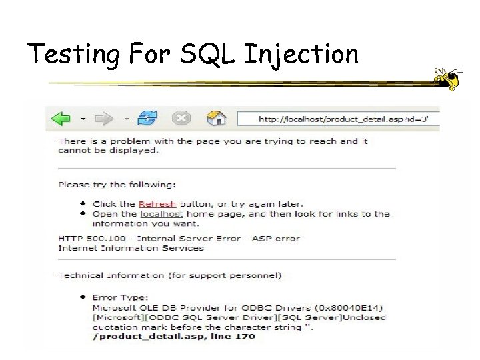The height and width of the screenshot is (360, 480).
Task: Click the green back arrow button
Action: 62,119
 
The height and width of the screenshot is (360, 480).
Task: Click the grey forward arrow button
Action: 105,119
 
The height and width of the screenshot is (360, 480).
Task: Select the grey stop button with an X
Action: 181,119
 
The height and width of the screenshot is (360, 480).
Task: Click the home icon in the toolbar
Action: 216,119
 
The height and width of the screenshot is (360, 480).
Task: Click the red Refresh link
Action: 157,204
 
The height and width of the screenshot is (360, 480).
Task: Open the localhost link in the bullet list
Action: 161,214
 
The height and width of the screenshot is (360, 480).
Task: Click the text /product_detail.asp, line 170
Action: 173,337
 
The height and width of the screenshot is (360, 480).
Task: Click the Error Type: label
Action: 120,298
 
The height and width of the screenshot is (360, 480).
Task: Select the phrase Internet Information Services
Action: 131,248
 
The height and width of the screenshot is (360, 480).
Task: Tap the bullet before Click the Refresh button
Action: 83,203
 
